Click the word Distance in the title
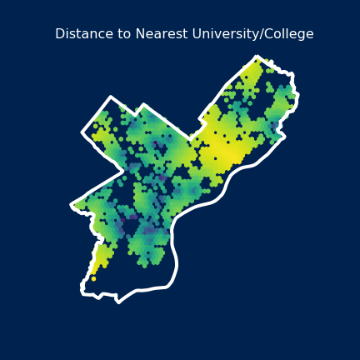point(81,34)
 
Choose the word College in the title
point(289,34)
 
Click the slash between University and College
point(262,34)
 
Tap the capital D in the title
point(59,34)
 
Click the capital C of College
point(269,34)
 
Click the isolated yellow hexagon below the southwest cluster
point(93,278)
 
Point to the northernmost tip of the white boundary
point(257,57)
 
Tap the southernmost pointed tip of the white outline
point(118,302)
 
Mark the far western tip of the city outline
point(72,204)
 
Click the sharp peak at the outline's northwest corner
point(110,97)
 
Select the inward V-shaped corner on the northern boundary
point(136,113)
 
